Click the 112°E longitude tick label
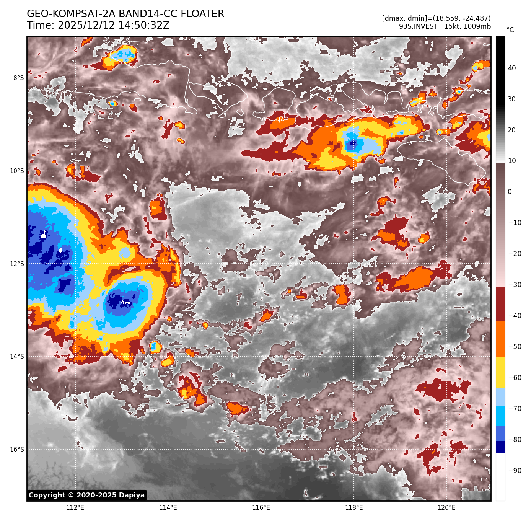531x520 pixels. coord(75,508)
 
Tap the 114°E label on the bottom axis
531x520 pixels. coord(168,508)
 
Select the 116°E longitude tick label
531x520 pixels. coord(261,508)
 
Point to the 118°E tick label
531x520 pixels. coord(354,508)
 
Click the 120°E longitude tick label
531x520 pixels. coord(446,508)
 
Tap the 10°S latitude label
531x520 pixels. coord(17,171)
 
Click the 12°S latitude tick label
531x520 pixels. coord(17,264)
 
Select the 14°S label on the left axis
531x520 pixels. coord(17,357)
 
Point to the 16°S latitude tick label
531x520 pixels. coord(17,450)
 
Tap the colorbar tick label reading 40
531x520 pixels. coord(512,68)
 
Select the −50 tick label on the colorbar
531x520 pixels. coord(515,347)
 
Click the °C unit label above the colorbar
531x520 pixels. coord(510,30)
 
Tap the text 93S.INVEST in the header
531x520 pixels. coord(419,26)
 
